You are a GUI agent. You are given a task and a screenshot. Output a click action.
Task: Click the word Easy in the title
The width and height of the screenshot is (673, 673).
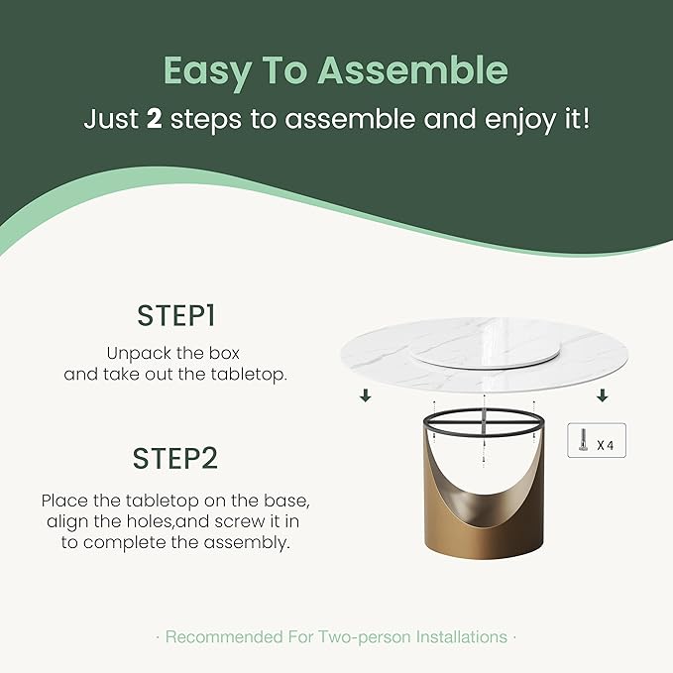(x=207, y=71)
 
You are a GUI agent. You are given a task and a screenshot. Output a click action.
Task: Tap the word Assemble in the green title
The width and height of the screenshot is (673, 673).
(x=413, y=70)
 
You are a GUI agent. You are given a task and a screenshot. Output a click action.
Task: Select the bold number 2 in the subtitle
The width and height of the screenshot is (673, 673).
(x=154, y=119)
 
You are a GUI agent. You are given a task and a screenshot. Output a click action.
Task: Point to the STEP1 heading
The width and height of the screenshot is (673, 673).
(x=176, y=316)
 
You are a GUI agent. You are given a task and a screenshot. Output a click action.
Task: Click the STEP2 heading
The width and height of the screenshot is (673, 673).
(x=175, y=458)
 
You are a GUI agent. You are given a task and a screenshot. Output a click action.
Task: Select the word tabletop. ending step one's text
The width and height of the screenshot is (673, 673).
(x=249, y=375)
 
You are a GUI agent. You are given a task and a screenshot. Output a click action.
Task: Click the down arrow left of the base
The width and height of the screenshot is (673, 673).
(x=366, y=395)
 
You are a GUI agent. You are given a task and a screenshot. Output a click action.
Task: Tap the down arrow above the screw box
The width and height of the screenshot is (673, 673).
(x=603, y=395)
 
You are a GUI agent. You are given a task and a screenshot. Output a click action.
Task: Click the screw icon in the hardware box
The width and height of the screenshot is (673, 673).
(x=583, y=440)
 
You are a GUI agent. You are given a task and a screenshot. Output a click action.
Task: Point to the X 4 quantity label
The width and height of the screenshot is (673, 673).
(x=606, y=445)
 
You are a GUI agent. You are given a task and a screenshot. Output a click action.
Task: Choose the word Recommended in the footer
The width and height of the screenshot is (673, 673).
(x=224, y=637)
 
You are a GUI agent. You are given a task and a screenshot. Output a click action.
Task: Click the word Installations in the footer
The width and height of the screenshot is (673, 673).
(x=462, y=637)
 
